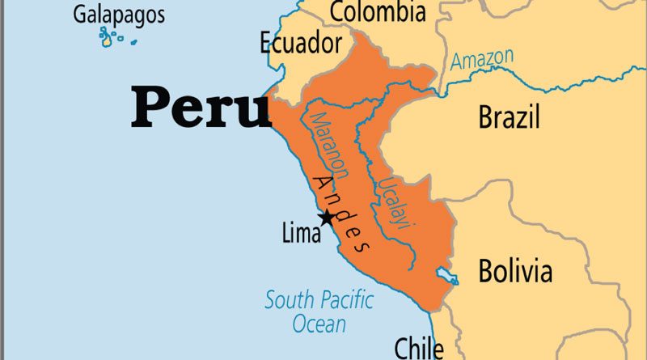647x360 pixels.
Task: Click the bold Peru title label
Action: point(201,108)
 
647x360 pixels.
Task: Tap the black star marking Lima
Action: point(326,217)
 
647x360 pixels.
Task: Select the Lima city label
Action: point(301,235)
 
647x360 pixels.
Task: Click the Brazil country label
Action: point(509,117)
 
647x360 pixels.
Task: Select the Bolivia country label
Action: point(515,270)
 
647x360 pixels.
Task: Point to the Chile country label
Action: point(418,347)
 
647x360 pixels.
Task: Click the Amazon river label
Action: point(482,59)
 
